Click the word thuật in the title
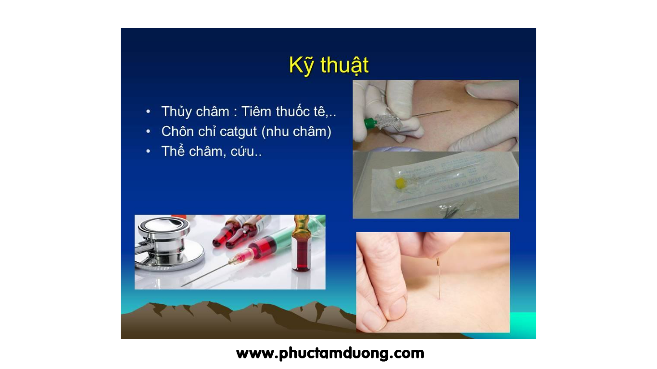345,65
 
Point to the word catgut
238,132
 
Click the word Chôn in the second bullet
177,131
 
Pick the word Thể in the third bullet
173,151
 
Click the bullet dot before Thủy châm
148,111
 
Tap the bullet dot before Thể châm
148,151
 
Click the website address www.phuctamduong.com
330,353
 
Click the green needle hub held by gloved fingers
370,123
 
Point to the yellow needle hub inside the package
400,183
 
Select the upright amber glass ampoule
301,243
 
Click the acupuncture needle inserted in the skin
439,279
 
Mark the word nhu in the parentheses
278,132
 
